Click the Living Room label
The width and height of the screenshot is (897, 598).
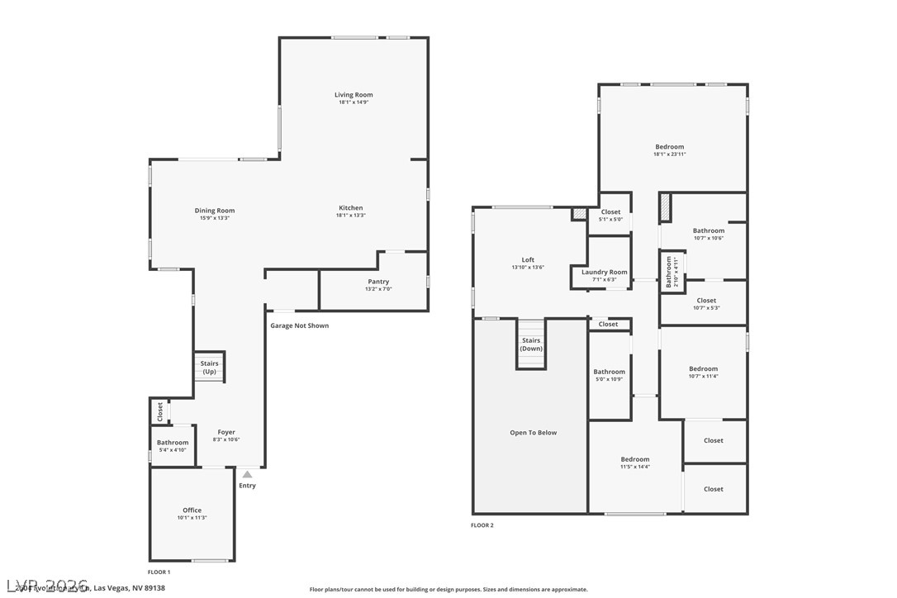[354, 95]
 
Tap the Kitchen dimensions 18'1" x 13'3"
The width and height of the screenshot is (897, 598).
[350, 216]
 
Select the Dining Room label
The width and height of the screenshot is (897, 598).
[215, 211]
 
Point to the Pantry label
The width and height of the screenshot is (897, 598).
[378, 282]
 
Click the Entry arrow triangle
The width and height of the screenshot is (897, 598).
[247, 474]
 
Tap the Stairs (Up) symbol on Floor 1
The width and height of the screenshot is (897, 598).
[210, 368]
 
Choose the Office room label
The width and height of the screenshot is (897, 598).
[192, 510]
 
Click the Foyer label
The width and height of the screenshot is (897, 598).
[226, 432]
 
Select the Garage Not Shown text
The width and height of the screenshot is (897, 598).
[299, 325]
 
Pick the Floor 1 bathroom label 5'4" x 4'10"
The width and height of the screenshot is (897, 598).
[173, 443]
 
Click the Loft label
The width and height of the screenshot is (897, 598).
[528, 259]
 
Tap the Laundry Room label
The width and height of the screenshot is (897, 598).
[604, 272]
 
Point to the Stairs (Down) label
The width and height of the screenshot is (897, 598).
[531, 344]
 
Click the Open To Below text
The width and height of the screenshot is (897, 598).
[533, 433]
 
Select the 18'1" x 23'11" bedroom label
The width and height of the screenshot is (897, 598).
[669, 147]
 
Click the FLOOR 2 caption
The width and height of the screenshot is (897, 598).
[482, 525]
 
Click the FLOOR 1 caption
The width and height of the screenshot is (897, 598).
[159, 572]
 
